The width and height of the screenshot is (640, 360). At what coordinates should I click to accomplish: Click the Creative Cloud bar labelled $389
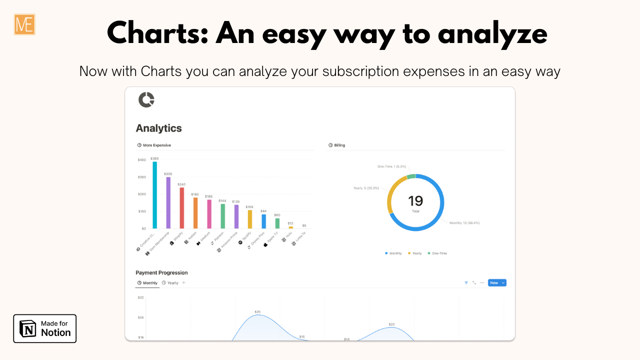pyautogui.click(x=155, y=195)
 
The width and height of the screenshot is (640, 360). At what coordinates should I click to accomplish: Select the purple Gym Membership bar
pyautogui.click(x=168, y=202)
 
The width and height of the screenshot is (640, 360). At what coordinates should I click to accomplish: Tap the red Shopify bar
pyautogui.click(x=182, y=208)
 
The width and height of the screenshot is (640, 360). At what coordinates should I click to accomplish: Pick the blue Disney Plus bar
pyautogui.click(x=264, y=221)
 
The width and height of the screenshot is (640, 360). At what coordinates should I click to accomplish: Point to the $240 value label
pyautogui.click(x=181, y=184)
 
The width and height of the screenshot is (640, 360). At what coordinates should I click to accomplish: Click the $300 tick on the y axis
pyautogui.click(x=142, y=177)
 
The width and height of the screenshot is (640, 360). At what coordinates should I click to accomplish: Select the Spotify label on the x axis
pyautogui.click(x=245, y=236)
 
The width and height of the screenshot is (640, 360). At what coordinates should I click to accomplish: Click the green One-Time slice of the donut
pyautogui.click(x=411, y=176)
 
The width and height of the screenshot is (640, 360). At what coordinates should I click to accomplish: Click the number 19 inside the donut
pyautogui.click(x=415, y=201)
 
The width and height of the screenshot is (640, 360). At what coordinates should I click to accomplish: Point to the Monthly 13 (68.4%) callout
pyautogui.click(x=464, y=222)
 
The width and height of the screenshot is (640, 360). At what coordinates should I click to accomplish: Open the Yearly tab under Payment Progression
pyautogui.click(x=170, y=283)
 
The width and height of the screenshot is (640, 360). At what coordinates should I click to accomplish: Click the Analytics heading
pyautogui.click(x=158, y=128)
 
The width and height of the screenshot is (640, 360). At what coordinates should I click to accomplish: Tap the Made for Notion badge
pyautogui.click(x=45, y=328)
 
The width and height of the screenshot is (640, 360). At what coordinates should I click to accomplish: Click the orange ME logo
pyautogui.click(x=24, y=24)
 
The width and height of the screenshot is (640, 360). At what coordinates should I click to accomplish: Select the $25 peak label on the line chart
pyautogui.click(x=257, y=312)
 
